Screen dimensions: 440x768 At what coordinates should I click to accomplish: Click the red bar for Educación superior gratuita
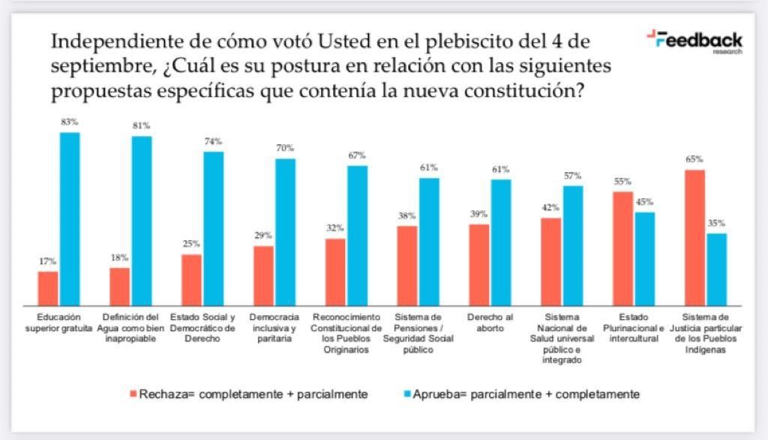point(48,288)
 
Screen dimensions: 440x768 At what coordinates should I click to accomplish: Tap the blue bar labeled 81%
point(142,221)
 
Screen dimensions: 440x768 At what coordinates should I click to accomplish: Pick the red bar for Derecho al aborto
point(479,264)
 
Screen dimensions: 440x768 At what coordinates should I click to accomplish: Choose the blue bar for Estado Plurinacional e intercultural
point(644,258)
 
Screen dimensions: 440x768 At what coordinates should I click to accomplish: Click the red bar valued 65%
point(695,237)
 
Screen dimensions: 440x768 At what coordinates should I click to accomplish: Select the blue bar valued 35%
point(716,269)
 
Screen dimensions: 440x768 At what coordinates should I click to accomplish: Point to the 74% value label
point(213,141)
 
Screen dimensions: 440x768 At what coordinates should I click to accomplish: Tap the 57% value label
point(573,176)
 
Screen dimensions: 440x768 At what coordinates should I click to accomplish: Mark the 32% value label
point(335,228)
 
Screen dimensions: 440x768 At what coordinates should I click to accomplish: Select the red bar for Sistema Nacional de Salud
point(551,261)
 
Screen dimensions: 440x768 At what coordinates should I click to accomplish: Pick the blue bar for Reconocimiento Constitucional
point(357,235)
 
